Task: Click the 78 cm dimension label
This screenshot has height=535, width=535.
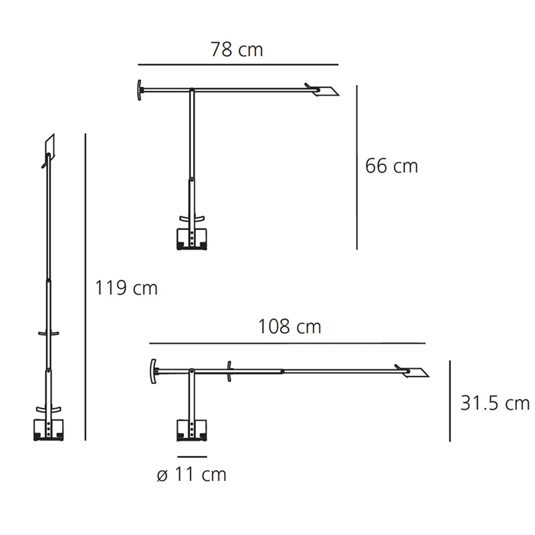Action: pyautogui.click(x=237, y=49)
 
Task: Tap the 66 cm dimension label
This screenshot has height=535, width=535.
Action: pyautogui.click(x=391, y=166)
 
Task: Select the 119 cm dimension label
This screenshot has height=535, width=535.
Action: pyautogui.click(x=126, y=288)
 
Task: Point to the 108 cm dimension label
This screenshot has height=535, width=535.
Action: pyautogui.click(x=290, y=326)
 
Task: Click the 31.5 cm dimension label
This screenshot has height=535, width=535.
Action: pyautogui.click(x=495, y=403)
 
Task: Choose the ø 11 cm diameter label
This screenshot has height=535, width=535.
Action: pyautogui.click(x=191, y=474)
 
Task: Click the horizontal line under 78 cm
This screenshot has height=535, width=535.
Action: pyautogui.click(x=238, y=64)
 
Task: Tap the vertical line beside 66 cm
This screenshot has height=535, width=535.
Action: pyautogui.click(x=357, y=167)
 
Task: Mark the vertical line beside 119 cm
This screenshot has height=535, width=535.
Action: pyautogui.click(x=86, y=287)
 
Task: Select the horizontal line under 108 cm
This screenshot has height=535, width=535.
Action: pyautogui.click(x=288, y=343)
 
